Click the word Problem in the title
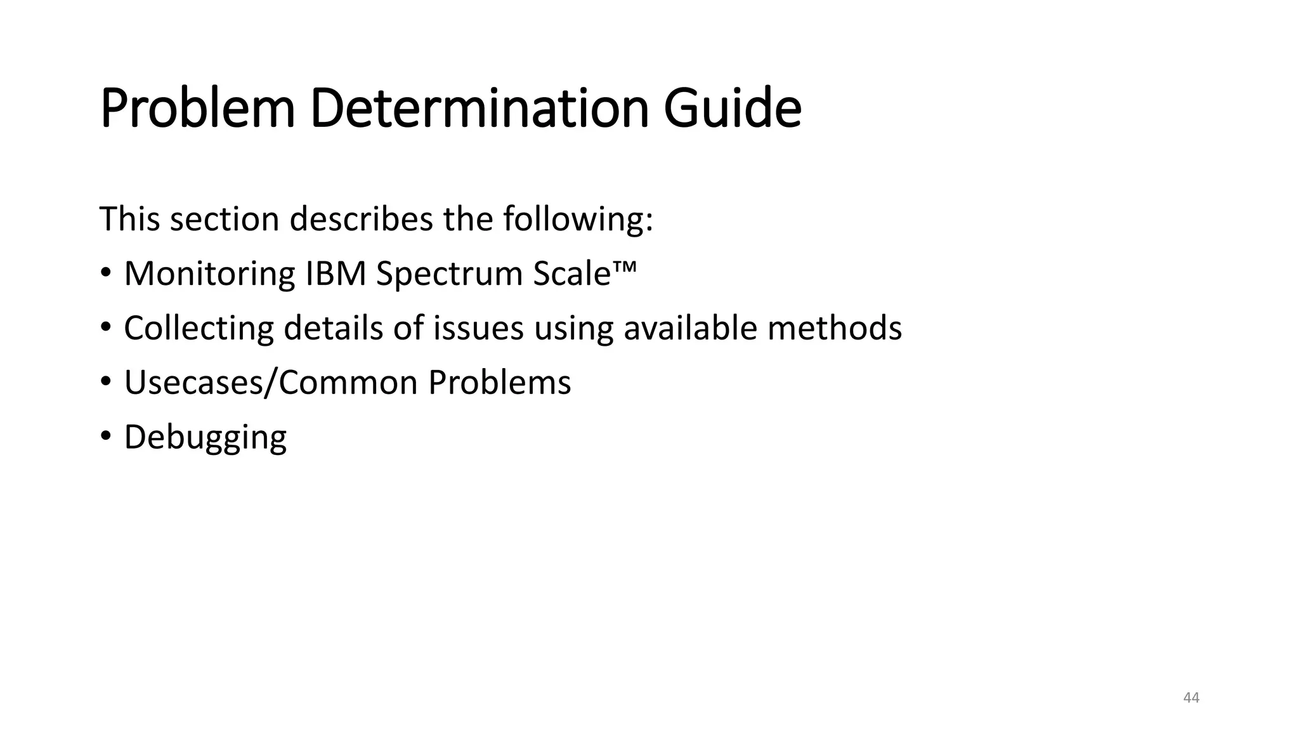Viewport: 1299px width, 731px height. click(197, 109)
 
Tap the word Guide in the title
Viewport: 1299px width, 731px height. click(733, 109)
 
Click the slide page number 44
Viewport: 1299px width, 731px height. click(1191, 698)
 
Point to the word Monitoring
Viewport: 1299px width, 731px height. click(209, 274)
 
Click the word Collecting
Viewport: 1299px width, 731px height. click(199, 329)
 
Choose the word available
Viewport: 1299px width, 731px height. click(690, 329)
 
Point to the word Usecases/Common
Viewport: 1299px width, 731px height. click(271, 383)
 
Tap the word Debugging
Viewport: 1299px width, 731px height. click(205, 438)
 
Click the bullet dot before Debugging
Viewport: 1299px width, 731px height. click(105, 437)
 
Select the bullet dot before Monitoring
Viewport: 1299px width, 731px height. click(105, 273)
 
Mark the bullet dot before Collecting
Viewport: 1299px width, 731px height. click(105, 327)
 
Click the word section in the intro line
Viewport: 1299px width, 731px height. click(225, 220)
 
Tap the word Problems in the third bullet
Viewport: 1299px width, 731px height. click(499, 383)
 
